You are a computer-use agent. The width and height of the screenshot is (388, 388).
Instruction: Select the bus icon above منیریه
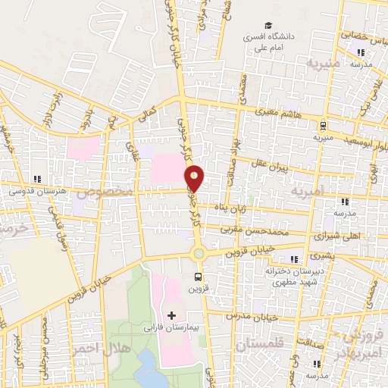(324, 126)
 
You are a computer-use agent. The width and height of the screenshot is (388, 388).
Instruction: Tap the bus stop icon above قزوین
(199, 277)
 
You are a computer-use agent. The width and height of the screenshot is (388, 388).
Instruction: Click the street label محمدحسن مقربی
(255, 228)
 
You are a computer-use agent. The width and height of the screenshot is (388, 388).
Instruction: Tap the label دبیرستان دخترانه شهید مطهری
(292, 275)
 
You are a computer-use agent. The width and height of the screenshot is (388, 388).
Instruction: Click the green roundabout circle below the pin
(199, 253)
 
